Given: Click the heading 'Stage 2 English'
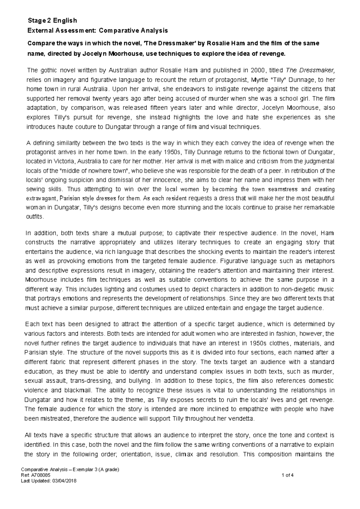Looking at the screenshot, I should click(52, 21).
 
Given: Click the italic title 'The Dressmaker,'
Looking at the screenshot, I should click(310, 71).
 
